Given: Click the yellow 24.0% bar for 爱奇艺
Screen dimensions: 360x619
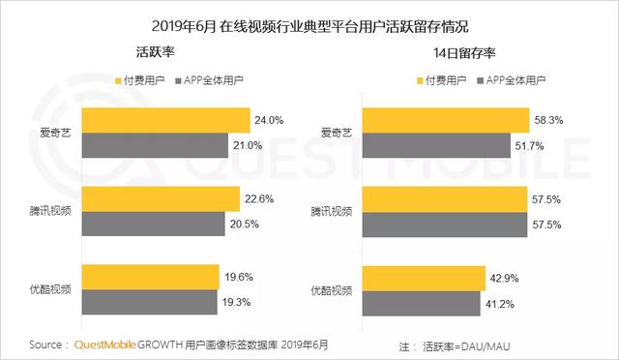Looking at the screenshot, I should (165, 120).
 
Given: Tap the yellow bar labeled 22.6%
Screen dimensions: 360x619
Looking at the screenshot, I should (161, 199).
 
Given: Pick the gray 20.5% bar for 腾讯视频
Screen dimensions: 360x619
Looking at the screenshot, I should (156, 225).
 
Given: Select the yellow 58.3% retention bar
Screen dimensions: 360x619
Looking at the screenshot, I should (446, 120).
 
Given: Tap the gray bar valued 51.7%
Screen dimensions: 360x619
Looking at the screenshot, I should (436, 145).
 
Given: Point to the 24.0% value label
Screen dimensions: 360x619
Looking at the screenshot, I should (269, 120).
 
